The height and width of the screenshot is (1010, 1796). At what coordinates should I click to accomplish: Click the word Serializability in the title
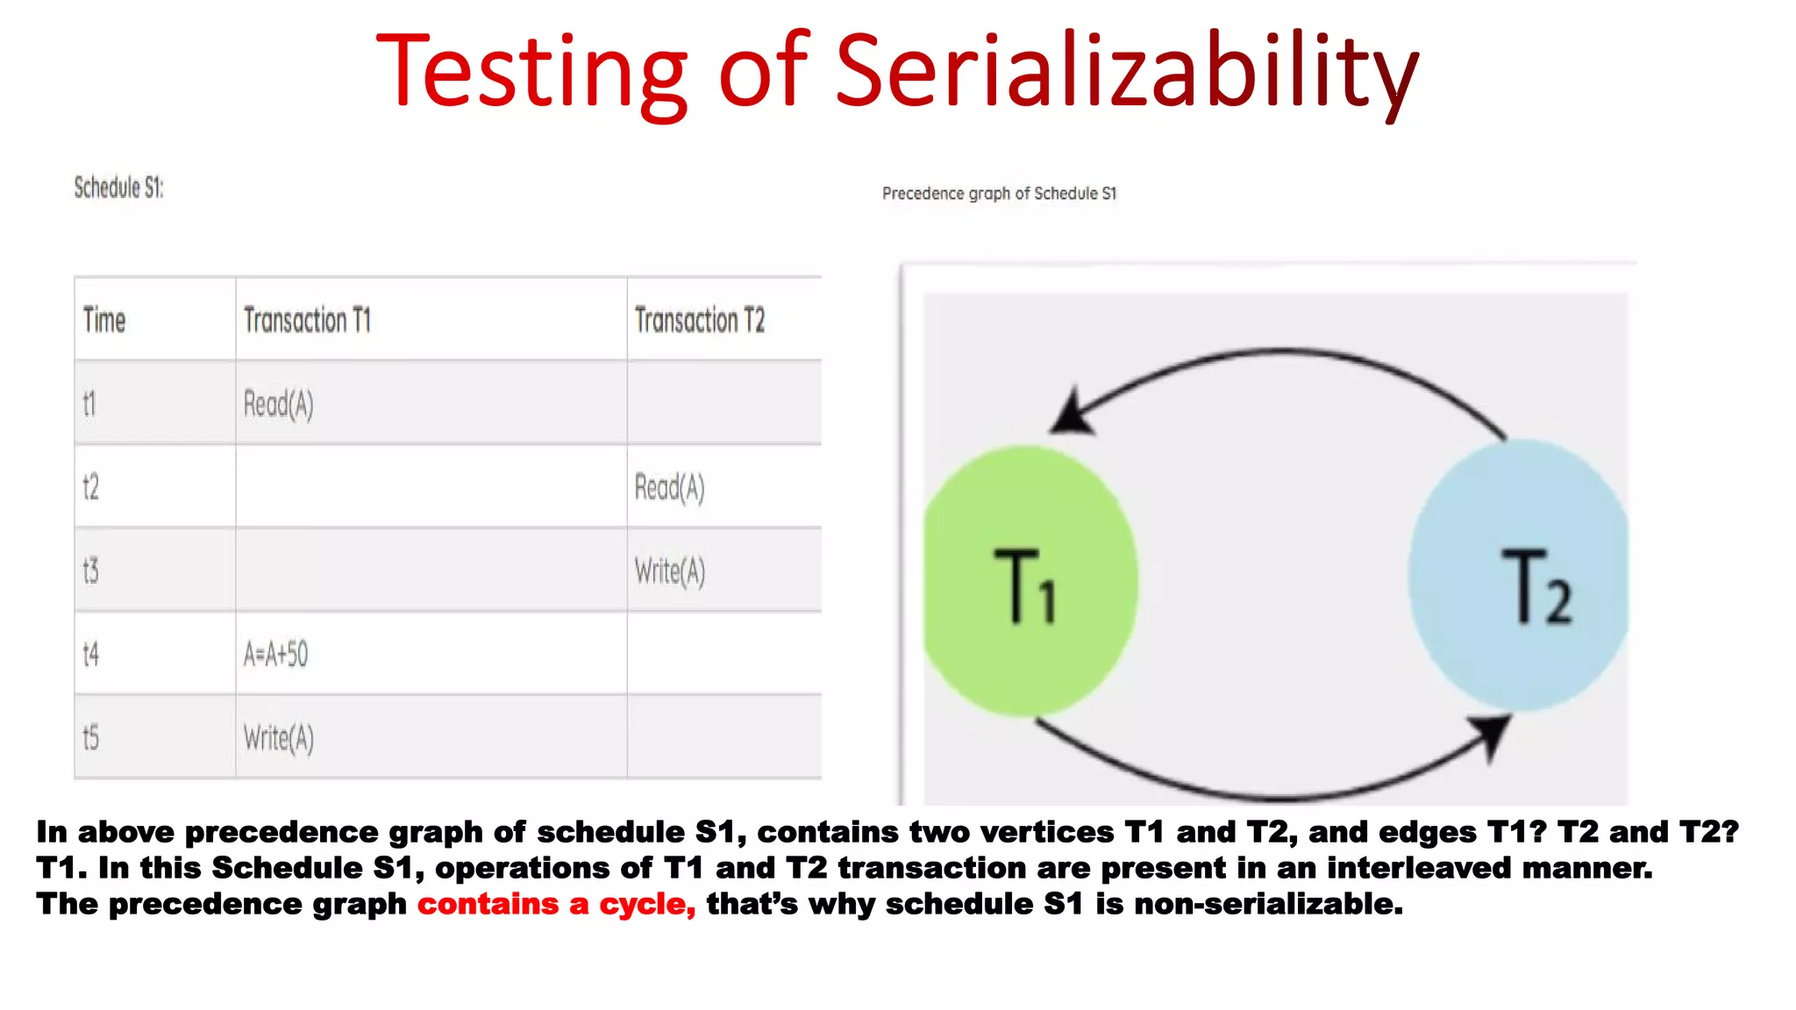1126,72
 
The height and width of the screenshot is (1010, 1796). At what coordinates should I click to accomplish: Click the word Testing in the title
531,72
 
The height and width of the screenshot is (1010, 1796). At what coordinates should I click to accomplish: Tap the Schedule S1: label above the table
118,188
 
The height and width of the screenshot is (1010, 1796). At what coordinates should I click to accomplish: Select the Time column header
104,320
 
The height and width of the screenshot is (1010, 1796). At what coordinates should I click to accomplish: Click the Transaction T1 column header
307,320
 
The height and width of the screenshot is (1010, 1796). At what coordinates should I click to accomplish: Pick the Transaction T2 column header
699,320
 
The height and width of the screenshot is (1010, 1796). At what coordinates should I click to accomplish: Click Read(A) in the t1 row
278,404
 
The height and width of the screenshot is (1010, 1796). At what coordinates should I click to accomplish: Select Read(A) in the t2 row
669,487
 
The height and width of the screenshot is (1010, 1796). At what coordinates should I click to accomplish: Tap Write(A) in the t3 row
669,572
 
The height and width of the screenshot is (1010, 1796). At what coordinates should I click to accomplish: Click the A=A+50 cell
275,654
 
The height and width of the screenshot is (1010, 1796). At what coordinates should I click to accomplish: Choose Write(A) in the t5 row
278,738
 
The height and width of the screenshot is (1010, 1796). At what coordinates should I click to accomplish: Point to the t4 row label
90,654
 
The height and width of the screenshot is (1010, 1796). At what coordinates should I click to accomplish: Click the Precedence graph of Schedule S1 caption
999,194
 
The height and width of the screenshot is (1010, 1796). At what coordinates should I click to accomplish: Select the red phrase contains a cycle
556,904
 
